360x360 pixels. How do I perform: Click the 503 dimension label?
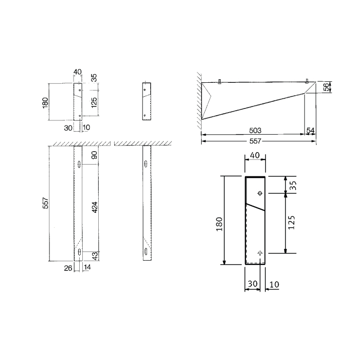click(255, 131)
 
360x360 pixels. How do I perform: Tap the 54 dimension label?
click(311, 131)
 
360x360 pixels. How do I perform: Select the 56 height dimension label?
click(326, 87)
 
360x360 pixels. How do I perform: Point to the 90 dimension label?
click(94, 155)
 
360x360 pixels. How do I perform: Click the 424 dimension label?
click(94, 207)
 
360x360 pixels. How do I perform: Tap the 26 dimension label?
click(68, 268)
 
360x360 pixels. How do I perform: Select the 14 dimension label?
click(87, 267)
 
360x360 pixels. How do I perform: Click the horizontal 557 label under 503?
click(255, 141)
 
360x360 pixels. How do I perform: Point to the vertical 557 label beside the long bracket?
click(46, 203)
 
